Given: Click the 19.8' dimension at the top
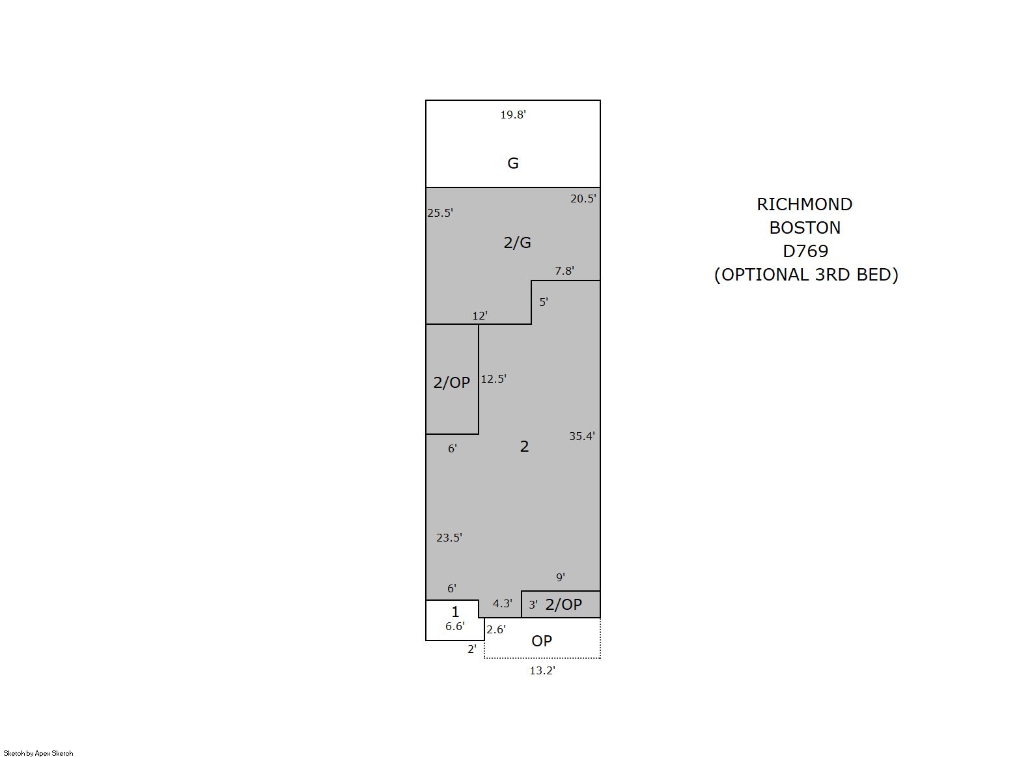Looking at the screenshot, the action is (513, 115).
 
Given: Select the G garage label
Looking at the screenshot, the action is (513, 163).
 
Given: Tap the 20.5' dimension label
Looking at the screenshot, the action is (583, 199).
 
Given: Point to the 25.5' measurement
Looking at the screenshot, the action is (440, 213).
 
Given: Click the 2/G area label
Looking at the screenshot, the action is (517, 242).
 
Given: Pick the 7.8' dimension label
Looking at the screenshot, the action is (565, 271).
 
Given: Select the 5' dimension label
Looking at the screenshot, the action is (544, 302).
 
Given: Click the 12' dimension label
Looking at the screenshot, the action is (480, 316).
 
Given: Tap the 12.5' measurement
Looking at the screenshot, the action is (494, 379).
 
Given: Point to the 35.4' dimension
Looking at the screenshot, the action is (582, 436).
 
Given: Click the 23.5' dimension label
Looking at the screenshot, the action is (449, 538).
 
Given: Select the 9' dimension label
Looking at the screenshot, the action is (560, 577).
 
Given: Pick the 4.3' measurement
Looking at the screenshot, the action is (502, 603).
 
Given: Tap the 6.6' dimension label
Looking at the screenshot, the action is (454, 626).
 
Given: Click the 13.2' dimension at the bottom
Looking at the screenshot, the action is (542, 670).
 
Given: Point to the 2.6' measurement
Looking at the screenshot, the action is (496, 629).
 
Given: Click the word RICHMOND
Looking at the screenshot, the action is (804, 204).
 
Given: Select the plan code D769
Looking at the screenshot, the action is (805, 251).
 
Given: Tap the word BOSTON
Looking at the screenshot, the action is (805, 227).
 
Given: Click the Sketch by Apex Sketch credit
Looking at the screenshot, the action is (38, 753).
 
